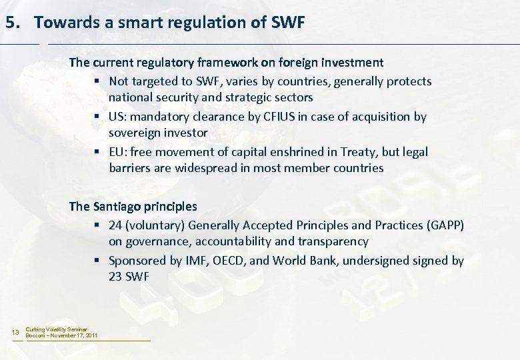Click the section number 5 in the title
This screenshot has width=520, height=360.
10,23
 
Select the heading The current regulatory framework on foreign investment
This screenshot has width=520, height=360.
226,63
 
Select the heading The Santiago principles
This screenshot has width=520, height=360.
133,207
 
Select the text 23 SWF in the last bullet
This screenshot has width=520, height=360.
129,276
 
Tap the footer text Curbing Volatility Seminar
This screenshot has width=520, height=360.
56,329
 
